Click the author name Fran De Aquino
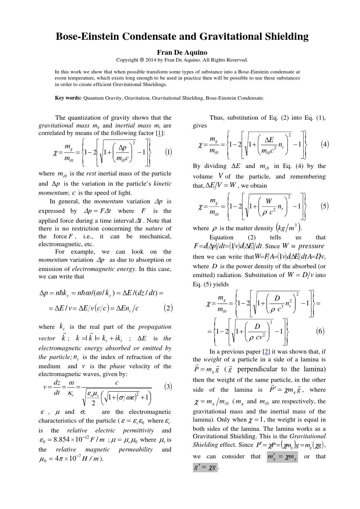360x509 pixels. (x=182, y=52)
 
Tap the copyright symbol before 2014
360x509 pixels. (x=142, y=60)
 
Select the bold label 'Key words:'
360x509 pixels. (x=68, y=98)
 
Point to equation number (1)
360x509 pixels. (x=168, y=152)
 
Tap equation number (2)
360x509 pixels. (x=168, y=308)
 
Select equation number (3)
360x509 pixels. (x=168, y=387)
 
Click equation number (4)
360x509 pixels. (x=325, y=144)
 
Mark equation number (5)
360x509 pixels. (x=325, y=206)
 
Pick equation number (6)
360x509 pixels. (x=320, y=331)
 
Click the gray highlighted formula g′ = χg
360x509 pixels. (x=205, y=468)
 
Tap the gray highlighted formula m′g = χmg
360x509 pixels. (x=282, y=457)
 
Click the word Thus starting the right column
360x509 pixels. (x=217, y=118)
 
